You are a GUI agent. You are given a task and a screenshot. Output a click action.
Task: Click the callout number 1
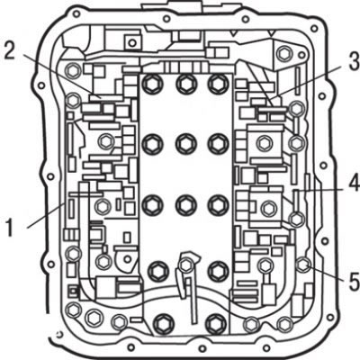point(10,228)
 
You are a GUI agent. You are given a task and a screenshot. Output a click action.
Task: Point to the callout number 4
point(355,183)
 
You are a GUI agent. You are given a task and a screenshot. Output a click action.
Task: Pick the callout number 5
point(355,282)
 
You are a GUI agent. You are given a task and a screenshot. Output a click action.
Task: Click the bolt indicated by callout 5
point(303,265)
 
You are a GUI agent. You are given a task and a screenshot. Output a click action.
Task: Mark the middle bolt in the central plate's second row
point(186,143)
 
